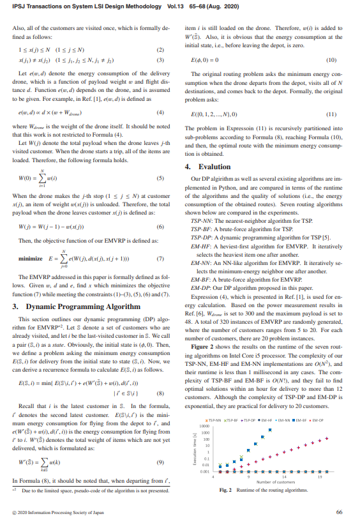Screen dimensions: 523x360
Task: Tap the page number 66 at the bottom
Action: click(339, 512)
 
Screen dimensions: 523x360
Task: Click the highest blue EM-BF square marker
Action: click(270, 430)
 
